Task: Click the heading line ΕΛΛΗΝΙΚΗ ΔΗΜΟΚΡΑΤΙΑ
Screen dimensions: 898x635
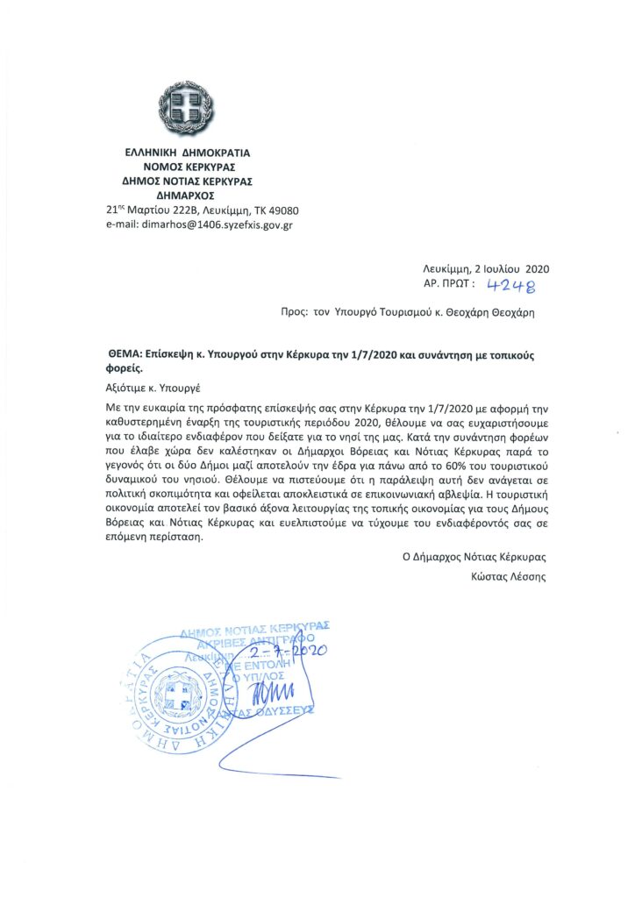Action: (x=185, y=153)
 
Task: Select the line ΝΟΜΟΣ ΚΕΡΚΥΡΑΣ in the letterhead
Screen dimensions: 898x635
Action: (x=185, y=167)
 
